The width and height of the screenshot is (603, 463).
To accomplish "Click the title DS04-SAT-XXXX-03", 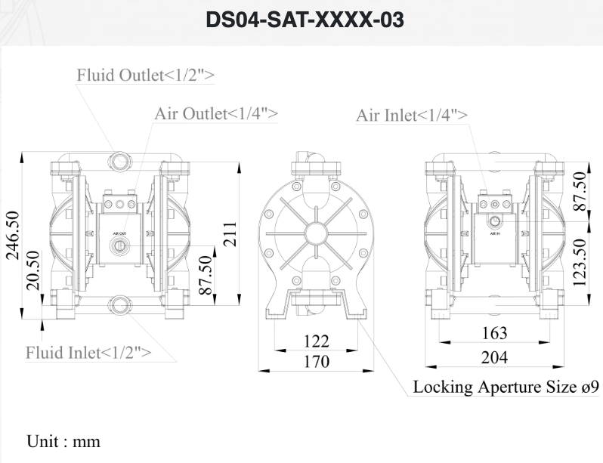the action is coord(305,20).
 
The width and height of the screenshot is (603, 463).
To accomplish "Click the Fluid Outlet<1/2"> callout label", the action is coord(145,75).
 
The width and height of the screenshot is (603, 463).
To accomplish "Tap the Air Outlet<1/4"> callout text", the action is coord(216,114).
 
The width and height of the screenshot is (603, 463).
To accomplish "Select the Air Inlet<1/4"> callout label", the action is coord(412,115).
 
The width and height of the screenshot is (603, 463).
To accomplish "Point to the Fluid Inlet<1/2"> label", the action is coord(88,352).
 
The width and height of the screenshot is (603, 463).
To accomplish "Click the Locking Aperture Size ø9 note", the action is coord(506,387).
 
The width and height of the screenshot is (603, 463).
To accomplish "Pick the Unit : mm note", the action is coord(63,441).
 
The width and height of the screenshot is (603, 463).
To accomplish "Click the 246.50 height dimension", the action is coord(12,235).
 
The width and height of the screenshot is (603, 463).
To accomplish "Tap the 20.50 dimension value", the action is coord(33,270).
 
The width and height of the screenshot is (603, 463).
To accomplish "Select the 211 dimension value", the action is coord(230,234).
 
